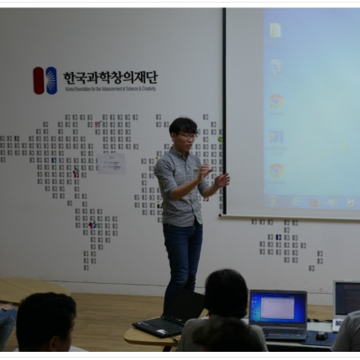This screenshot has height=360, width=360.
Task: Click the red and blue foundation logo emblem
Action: (45, 79)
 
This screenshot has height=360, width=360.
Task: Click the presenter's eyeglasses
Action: (187, 135)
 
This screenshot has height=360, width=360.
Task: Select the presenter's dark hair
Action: (182, 125)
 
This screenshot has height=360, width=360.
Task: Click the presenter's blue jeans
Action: (182, 258)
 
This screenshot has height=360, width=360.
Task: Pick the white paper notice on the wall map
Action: (111, 162)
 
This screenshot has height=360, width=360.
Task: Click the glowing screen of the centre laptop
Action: (277, 308)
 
